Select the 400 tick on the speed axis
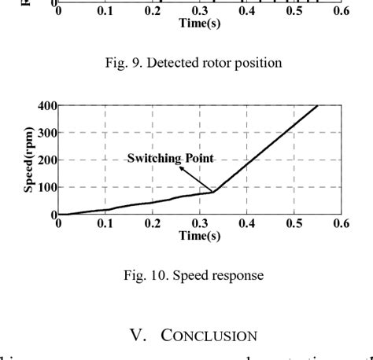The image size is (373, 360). (45, 106)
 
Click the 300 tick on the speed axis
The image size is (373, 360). (45, 134)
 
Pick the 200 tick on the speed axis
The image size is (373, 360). (45, 161)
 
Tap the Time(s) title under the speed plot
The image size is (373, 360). (199, 235)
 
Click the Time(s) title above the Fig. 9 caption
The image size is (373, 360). (199, 24)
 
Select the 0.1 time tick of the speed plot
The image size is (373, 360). (105, 224)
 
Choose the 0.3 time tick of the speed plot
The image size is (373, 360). (199, 224)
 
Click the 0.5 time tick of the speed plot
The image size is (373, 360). (294, 224)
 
